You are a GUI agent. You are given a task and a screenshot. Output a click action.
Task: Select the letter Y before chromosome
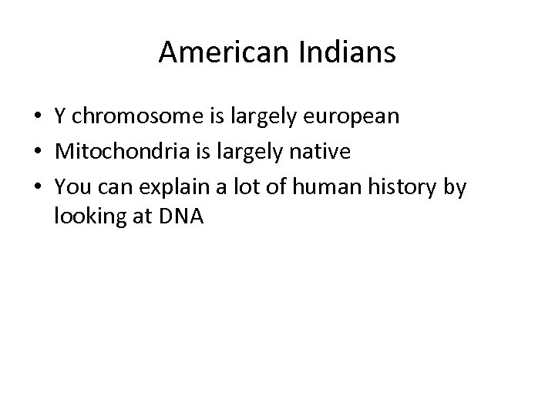pyautogui.click(x=60, y=118)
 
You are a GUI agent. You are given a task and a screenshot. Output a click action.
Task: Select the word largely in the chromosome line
pyautogui.click(x=259, y=118)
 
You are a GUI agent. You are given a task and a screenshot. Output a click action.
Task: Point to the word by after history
pyautogui.click(x=455, y=187)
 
